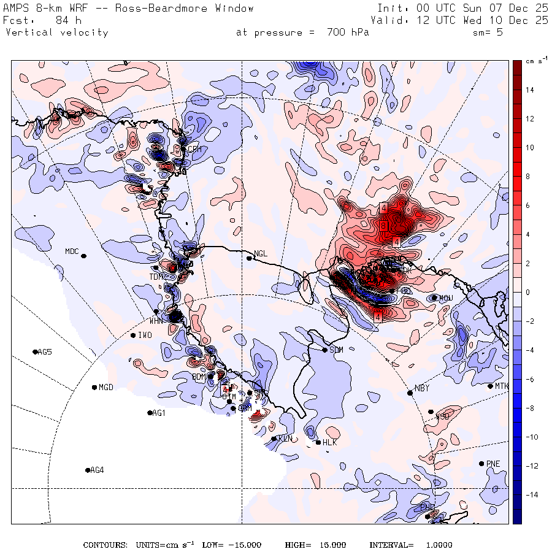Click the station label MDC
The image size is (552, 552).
click(72, 251)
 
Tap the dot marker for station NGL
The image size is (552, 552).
click(250, 258)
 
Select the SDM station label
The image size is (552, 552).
click(336, 350)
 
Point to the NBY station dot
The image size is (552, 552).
click(410, 393)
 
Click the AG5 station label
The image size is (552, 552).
click(45, 352)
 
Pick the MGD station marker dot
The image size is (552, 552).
click(94, 387)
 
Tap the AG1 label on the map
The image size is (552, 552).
click(159, 413)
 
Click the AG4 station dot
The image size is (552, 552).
click(88, 470)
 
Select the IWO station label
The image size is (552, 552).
click(145, 335)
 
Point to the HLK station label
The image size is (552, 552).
click(330, 443)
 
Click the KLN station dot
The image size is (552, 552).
click(274, 439)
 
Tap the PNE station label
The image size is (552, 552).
click(493, 464)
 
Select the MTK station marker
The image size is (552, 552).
click(490, 386)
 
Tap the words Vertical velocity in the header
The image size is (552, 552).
click(56, 33)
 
